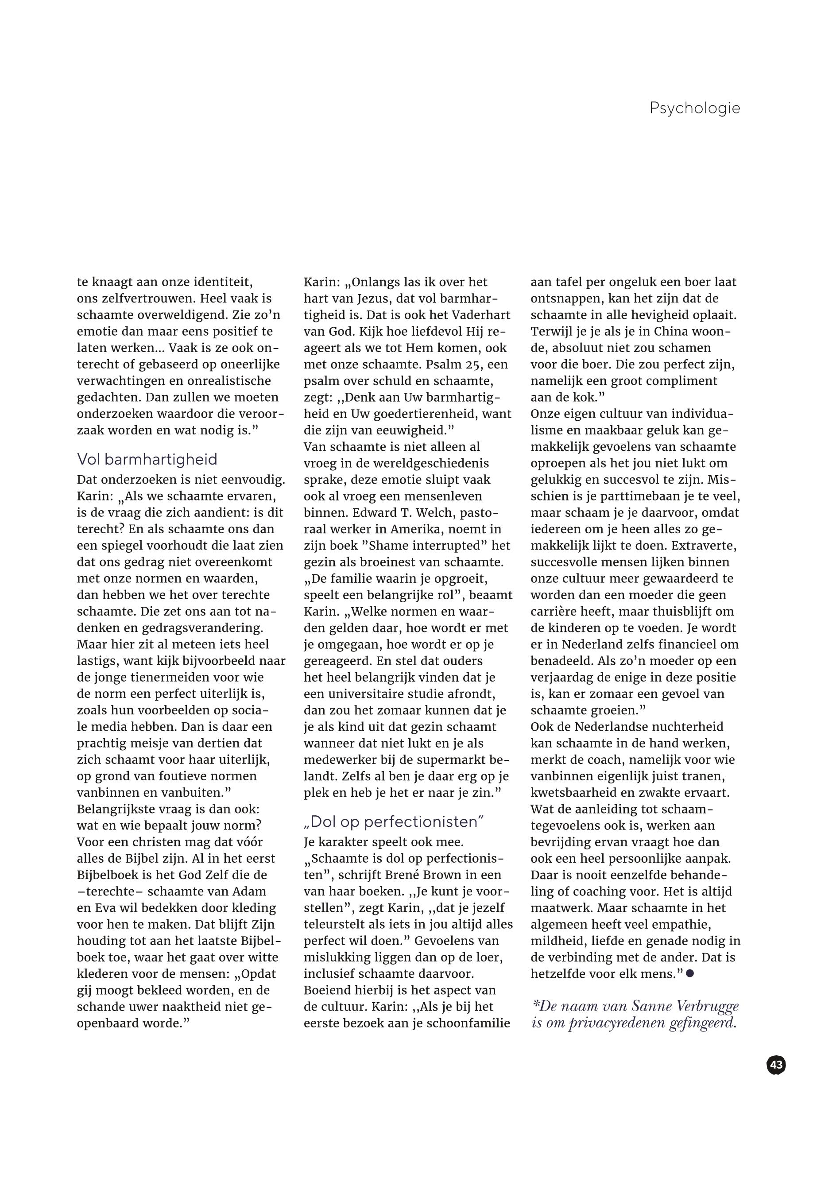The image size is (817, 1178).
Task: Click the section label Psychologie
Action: [x=694, y=108]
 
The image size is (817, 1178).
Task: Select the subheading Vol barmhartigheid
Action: [x=147, y=459]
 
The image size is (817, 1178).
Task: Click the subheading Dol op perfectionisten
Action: [x=394, y=821]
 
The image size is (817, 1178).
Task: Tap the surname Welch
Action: [x=458, y=512]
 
